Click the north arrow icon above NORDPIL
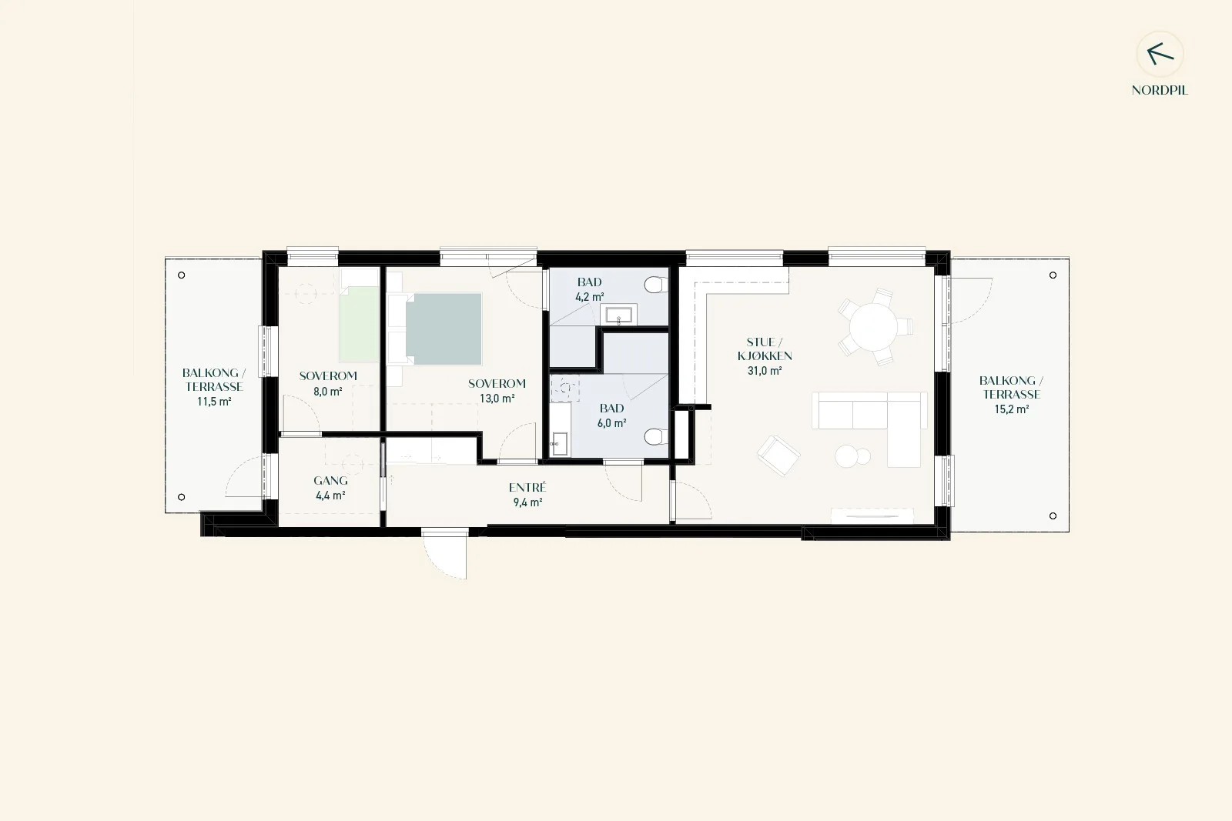pyautogui.click(x=1160, y=54)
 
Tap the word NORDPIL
pyautogui.click(x=1160, y=91)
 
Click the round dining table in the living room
pyautogui.click(x=873, y=327)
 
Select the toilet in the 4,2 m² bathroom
pyautogui.click(x=656, y=285)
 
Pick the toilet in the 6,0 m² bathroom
pyautogui.click(x=656, y=437)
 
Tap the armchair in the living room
pyautogui.click(x=778, y=456)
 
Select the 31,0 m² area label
pyautogui.click(x=765, y=371)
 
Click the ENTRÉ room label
pyautogui.click(x=527, y=487)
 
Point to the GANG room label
pyautogui.click(x=330, y=480)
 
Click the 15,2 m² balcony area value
pyautogui.click(x=1012, y=409)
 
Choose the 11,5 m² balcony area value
pyautogui.click(x=214, y=402)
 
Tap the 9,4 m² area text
pyautogui.click(x=528, y=502)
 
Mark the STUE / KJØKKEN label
pyautogui.click(x=765, y=349)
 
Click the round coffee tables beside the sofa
pyautogui.click(x=852, y=456)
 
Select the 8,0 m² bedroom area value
pyautogui.click(x=328, y=392)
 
